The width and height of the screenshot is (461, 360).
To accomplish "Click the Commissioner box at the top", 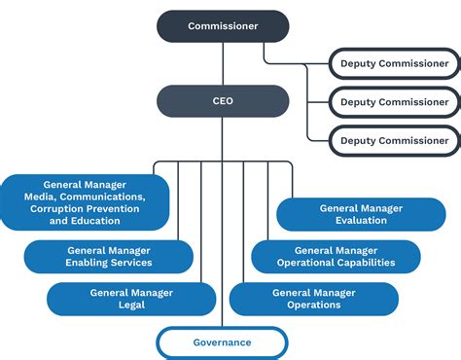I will click(x=223, y=26).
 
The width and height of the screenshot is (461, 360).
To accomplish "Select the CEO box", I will click(x=223, y=100).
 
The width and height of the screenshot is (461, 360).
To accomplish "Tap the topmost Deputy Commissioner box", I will click(x=394, y=63).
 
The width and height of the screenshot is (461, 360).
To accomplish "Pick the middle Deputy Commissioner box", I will click(x=394, y=101).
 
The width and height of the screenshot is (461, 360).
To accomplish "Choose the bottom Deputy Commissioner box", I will click(x=394, y=140).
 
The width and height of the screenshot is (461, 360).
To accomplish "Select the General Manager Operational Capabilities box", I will click(x=336, y=257).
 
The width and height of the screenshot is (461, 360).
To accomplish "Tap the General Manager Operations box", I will click(x=313, y=299).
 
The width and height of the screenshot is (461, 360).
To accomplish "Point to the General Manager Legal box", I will click(x=131, y=299).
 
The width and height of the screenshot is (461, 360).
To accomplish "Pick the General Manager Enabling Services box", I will click(x=109, y=257).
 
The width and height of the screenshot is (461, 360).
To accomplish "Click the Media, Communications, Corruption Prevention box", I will click(x=87, y=202).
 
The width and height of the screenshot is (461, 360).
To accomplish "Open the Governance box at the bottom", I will click(x=222, y=342).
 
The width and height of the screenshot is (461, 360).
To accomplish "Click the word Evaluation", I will click(x=360, y=221).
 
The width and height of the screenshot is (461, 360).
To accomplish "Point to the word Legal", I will click(x=131, y=306).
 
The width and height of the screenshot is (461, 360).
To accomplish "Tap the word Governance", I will click(x=222, y=342).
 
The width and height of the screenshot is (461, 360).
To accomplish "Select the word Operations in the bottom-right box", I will click(x=313, y=306).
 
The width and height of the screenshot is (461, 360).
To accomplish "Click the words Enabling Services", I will click(x=109, y=264).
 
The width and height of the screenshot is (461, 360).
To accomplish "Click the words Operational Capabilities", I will click(x=336, y=264).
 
